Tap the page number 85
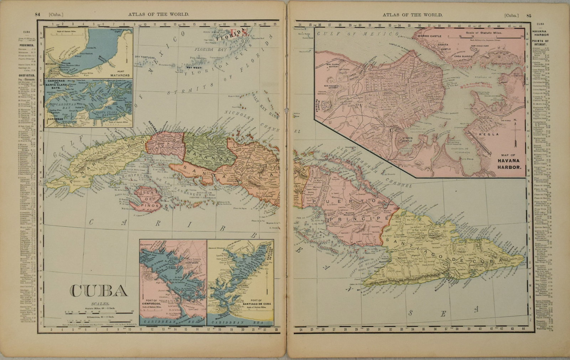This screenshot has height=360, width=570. [x=529, y=15]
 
